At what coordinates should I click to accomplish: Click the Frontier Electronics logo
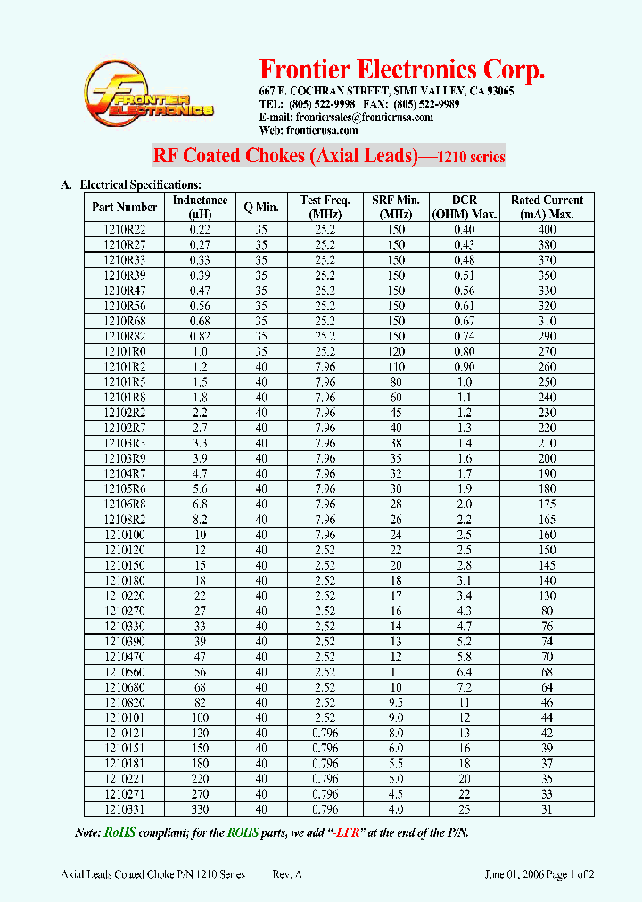coord(148,94)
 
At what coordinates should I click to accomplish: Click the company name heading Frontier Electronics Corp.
coord(401,70)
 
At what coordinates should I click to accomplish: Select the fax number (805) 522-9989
coord(424,104)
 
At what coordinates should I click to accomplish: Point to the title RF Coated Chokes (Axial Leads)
coord(285,156)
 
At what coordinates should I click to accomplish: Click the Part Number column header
coord(124,207)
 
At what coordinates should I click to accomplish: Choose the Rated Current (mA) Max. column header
coord(547,207)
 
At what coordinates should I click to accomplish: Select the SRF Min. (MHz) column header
coord(396,207)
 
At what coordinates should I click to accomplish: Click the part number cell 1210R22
coord(124,230)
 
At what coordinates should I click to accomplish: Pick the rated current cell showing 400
coord(547,230)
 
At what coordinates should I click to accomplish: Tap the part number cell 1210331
coord(124,809)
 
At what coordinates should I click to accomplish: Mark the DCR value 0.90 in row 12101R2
coord(464,366)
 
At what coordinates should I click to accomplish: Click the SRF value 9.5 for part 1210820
coord(396,702)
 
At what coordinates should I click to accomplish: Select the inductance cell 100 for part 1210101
coord(200,717)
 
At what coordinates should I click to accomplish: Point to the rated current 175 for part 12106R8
coord(547,504)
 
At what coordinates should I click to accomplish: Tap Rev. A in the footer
coord(287,874)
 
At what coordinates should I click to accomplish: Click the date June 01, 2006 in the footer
coord(523,874)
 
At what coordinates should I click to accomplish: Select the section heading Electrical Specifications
coord(134,184)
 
